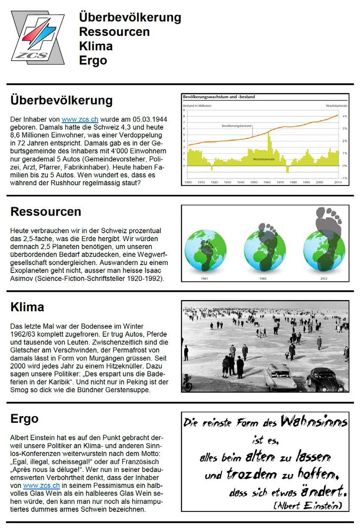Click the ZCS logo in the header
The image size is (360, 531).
tap(38, 38)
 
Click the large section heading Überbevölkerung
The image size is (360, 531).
tap(61, 100)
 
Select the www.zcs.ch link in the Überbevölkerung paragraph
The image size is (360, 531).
tap(80, 119)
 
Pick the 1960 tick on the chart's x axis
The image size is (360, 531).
tap(267, 182)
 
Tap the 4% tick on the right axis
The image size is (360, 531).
tap(344, 116)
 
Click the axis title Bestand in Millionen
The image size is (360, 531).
tap(197, 106)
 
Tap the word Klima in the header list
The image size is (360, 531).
tap(96, 46)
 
